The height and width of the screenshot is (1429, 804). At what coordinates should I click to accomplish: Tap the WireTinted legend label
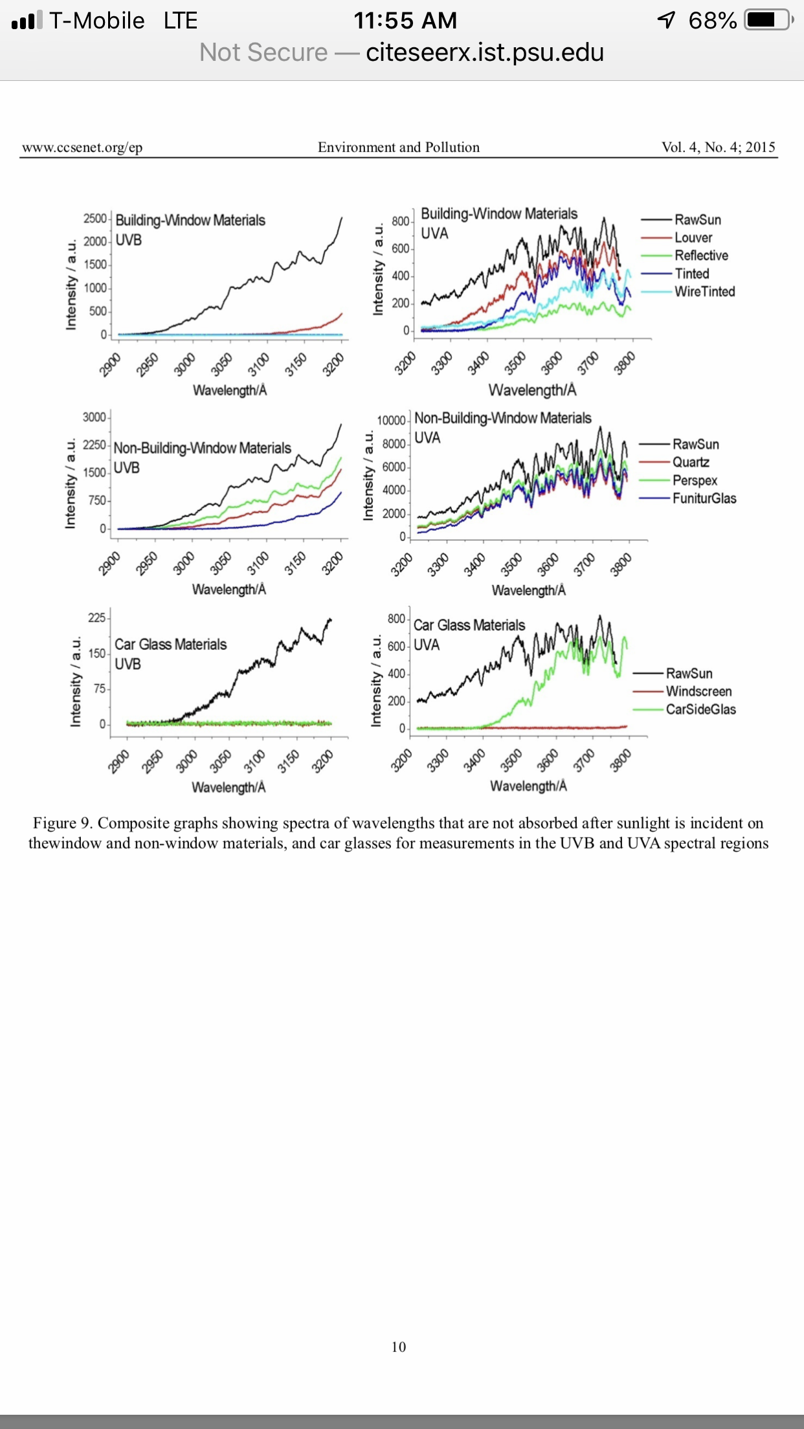pyautogui.click(x=705, y=292)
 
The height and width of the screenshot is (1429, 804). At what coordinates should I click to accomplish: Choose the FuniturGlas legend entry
pyautogui.click(x=687, y=498)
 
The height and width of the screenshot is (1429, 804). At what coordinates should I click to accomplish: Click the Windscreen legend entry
pyautogui.click(x=682, y=691)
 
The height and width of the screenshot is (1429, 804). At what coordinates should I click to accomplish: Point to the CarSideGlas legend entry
pyautogui.click(x=684, y=709)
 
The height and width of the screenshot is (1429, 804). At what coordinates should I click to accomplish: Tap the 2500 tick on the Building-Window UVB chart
pyautogui.click(x=95, y=219)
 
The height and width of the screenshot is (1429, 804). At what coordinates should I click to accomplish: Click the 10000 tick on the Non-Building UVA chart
pyautogui.click(x=391, y=421)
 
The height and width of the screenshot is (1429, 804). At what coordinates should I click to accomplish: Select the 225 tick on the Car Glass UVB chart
pyautogui.click(x=97, y=617)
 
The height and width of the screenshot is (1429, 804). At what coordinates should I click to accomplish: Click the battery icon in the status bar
pyautogui.click(x=769, y=20)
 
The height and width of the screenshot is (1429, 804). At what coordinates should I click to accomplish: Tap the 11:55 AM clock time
pyautogui.click(x=405, y=21)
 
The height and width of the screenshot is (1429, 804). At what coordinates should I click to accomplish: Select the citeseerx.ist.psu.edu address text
pyautogui.click(x=485, y=52)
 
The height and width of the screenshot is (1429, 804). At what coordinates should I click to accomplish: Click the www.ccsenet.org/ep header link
pyautogui.click(x=82, y=148)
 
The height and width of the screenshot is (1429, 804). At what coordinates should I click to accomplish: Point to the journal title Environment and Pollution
pyautogui.click(x=399, y=147)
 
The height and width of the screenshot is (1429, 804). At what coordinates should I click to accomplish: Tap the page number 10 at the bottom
pyautogui.click(x=399, y=1347)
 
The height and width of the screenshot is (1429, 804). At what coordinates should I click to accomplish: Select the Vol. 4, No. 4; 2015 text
pyautogui.click(x=719, y=147)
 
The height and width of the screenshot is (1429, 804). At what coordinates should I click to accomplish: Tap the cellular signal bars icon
pyautogui.click(x=27, y=20)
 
